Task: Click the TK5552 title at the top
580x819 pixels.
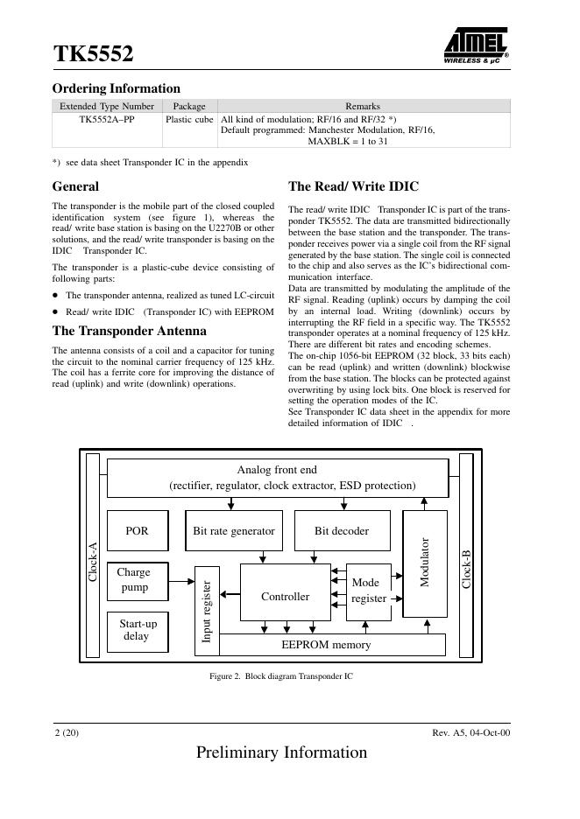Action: pos(94,55)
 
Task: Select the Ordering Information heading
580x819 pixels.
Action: pos(117,88)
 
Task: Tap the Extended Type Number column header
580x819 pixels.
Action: pos(107,106)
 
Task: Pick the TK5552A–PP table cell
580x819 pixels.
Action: pos(107,119)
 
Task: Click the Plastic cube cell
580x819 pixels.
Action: pos(189,119)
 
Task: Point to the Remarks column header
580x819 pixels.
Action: pos(363,106)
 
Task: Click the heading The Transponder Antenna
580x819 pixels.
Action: pos(130,331)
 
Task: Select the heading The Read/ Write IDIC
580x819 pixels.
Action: pos(354,186)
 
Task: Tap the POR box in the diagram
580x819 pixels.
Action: pos(137,531)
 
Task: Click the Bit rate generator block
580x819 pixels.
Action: pos(234,531)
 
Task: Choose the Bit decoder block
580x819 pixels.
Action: pos(342,531)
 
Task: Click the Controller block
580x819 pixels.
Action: pos(286,596)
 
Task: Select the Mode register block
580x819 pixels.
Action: pos(369,591)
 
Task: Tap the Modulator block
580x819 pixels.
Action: pos(425,563)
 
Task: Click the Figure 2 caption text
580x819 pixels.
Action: pos(281,676)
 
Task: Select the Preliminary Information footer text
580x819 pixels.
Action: pos(282,752)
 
